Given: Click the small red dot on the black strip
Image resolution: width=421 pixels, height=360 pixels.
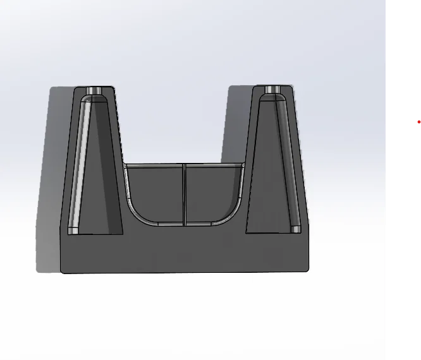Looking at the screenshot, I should (418, 122).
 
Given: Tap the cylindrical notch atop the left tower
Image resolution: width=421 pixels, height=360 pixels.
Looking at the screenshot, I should (95, 90).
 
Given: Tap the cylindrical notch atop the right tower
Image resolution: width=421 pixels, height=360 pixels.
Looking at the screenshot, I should (273, 90).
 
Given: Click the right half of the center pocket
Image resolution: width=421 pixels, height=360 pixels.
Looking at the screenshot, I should (212, 189).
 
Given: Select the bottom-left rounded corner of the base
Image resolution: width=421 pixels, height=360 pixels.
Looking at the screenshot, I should (63, 270).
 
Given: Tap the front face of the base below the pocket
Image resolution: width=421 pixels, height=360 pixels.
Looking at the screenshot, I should (183, 249).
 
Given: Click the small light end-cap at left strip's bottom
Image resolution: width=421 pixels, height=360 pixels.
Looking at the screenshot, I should (74, 229).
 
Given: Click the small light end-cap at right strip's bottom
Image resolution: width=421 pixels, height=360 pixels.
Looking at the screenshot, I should (295, 228).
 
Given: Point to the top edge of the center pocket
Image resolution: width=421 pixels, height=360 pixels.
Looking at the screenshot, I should (183, 165).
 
